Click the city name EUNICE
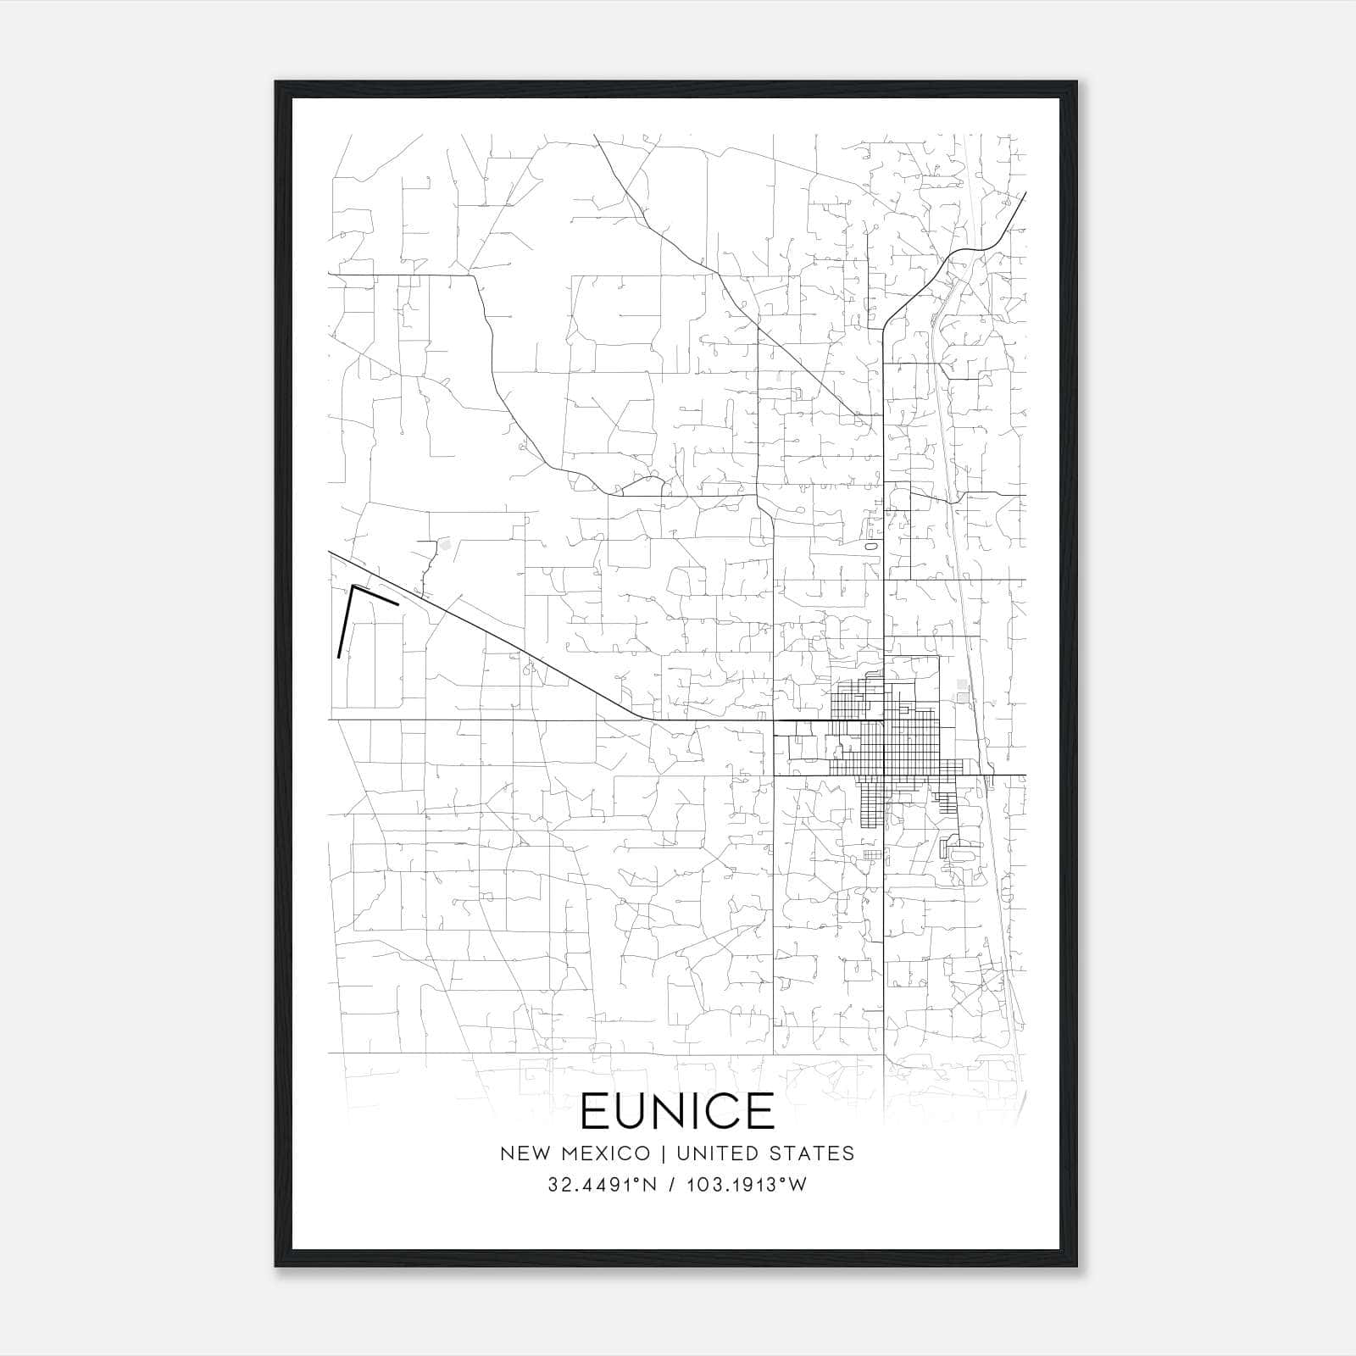[677, 1111]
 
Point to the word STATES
[813, 1153]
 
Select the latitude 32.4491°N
[603, 1185]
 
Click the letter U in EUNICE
[630, 1111]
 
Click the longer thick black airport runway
[345, 622]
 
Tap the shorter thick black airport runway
[375, 595]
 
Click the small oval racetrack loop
[870, 547]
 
